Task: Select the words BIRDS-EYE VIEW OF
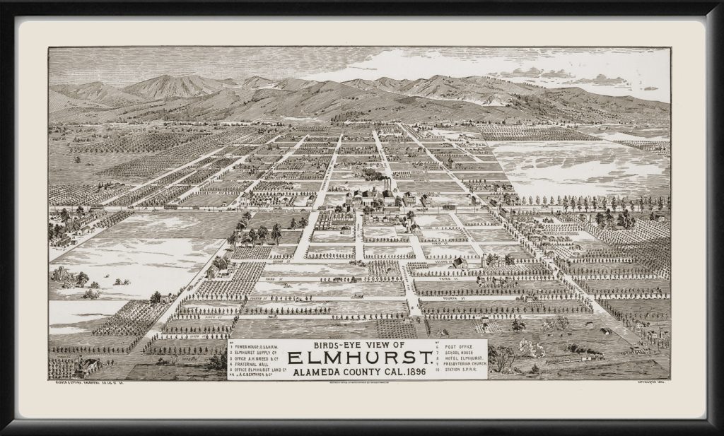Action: tap(358, 343)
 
